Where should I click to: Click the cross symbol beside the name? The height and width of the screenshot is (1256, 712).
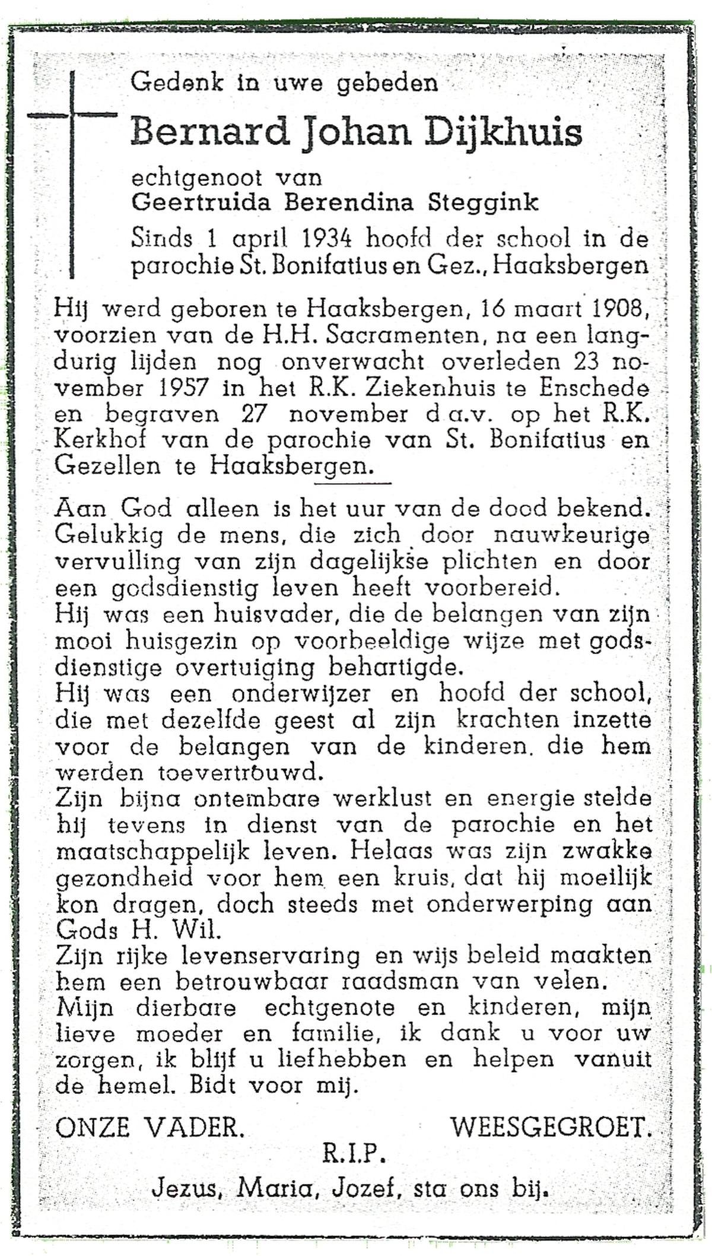[x=72, y=115]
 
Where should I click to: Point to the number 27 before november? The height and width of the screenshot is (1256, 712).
[x=260, y=414]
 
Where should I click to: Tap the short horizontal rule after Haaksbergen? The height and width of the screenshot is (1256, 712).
[x=352, y=483]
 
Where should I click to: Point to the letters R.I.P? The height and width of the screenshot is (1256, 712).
[x=355, y=1153]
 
